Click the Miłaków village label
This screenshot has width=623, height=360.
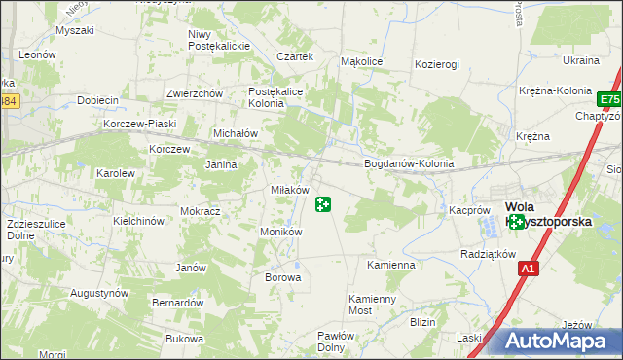click(x=289, y=190)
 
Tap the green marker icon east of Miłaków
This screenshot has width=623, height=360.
click(x=323, y=204)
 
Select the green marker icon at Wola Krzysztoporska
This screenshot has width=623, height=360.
click(x=517, y=223)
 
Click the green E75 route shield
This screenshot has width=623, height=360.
click(x=610, y=100)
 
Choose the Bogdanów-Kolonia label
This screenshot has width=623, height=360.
click(x=409, y=163)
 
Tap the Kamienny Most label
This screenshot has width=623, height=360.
click(x=374, y=305)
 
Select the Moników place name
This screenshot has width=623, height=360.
click(x=281, y=232)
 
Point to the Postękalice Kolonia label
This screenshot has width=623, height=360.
click(x=279, y=95)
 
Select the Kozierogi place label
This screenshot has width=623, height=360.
click(x=436, y=63)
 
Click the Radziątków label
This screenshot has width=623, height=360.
click(x=488, y=254)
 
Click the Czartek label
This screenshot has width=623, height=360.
click(x=295, y=56)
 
